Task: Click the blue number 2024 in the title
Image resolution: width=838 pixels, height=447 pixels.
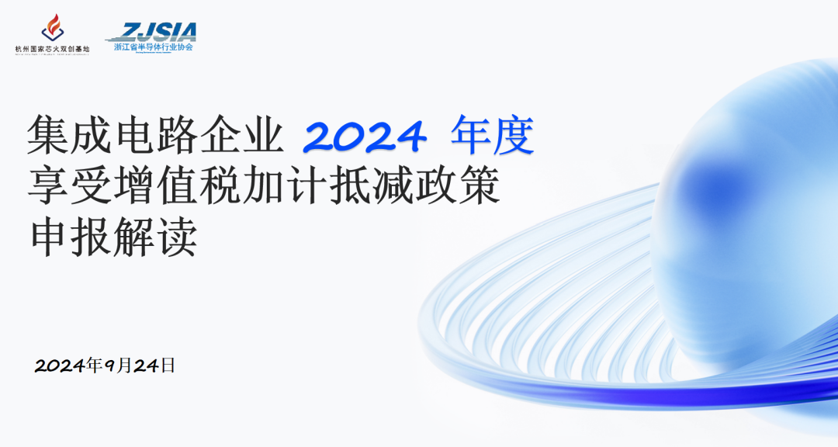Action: [x=364, y=136]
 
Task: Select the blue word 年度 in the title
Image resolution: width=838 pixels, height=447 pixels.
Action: [x=493, y=136]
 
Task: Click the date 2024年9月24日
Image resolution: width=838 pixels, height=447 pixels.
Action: [x=106, y=366]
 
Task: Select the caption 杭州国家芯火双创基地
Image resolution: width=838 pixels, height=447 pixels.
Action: [x=53, y=49]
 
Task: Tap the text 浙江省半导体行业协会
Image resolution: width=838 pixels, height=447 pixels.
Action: [x=154, y=47]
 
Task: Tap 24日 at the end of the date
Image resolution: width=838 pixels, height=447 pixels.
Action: [x=155, y=366]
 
